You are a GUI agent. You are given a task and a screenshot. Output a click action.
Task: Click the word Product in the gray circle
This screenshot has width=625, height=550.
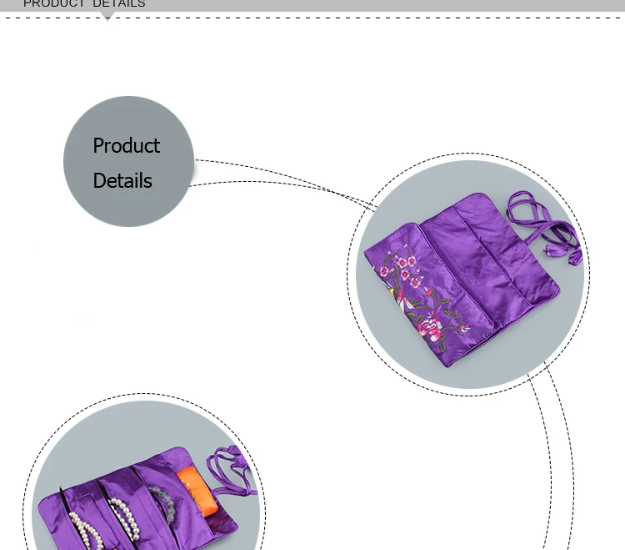pos(127,146)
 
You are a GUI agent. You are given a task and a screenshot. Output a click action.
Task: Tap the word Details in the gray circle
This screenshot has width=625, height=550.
pos(122,180)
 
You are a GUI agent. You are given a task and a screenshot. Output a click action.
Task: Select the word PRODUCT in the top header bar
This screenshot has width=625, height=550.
pos(54,4)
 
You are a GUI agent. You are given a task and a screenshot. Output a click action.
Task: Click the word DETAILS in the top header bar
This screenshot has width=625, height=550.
pos(119,4)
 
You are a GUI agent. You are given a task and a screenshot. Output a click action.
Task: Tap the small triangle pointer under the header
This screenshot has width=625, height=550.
pos(107,16)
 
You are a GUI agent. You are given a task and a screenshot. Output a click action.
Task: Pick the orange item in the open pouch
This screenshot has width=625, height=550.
pos(197,492)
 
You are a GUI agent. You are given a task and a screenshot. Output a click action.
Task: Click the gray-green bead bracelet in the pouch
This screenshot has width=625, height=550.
pos(162,503)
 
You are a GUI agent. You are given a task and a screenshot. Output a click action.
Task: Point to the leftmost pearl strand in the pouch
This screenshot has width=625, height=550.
pos(86,531)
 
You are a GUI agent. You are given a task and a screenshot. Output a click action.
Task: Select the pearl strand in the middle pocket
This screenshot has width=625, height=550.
pos(124,519)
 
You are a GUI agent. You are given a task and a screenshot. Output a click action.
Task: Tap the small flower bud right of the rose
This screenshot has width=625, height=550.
pos(465,329)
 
